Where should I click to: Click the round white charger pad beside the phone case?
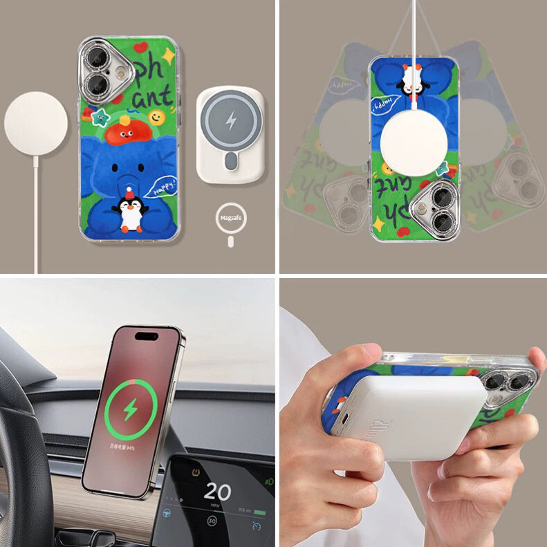(x=36, y=124)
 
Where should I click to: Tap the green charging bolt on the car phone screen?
(x=130, y=411)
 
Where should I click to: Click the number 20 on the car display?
(x=217, y=492)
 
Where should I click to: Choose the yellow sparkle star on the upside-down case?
(x=379, y=223)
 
